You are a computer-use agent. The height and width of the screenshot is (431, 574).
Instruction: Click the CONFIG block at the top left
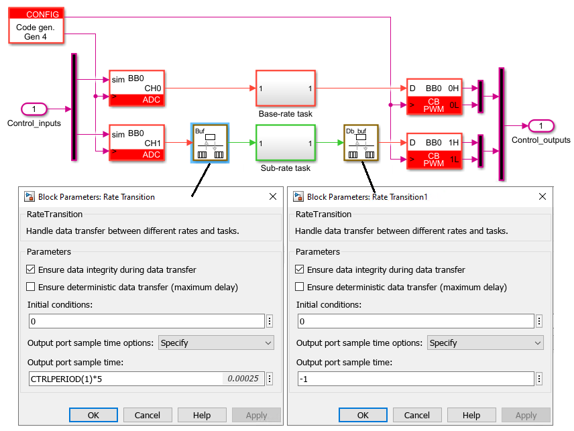[x=36, y=25]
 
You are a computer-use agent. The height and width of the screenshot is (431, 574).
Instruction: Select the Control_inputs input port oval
[x=34, y=109]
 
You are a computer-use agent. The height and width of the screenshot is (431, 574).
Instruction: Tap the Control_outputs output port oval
[x=541, y=126]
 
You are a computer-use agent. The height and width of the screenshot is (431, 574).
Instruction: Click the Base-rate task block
[x=286, y=88]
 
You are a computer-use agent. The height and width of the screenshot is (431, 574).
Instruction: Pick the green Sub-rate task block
[x=286, y=143]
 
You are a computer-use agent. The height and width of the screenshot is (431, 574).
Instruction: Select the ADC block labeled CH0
[x=137, y=88]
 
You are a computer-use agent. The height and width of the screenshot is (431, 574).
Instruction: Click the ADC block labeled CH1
[x=137, y=143]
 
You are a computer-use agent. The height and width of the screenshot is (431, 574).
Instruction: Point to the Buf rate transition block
[x=210, y=143]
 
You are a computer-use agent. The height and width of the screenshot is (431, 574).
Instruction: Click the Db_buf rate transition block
[x=361, y=143]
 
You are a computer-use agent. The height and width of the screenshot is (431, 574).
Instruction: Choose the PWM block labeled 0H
[x=434, y=97]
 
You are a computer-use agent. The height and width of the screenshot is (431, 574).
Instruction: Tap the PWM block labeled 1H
[x=434, y=151]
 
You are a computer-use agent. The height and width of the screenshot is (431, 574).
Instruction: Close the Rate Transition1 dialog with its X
[x=542, y=196]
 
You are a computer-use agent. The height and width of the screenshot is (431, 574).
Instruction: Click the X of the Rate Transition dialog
[x=273, y=196]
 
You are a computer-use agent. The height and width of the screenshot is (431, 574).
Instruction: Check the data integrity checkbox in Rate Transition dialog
[x=31, y=269]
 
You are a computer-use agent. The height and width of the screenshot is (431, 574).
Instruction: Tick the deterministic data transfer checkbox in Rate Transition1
[x=300, y=287]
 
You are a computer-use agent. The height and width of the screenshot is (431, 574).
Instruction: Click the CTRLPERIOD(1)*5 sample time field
[x=146, y=379]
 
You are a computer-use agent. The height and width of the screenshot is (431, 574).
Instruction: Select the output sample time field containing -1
[x=416, y=379]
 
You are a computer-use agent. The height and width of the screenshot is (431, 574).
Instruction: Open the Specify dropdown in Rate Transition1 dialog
[x=485, y=343]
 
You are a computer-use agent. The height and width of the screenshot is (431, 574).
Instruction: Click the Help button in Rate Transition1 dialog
[x=471, y=416]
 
